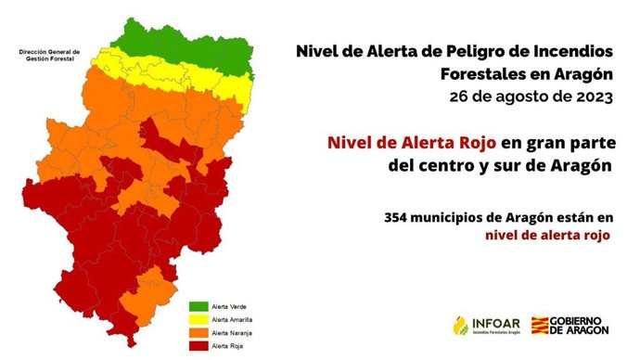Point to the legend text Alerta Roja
(x=228, y=345)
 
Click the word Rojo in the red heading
(x=474, y=143)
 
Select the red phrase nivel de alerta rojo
(x=546, y=236)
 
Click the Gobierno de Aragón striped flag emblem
(x=540, y=326)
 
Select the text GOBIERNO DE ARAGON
(x=584, y=326)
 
